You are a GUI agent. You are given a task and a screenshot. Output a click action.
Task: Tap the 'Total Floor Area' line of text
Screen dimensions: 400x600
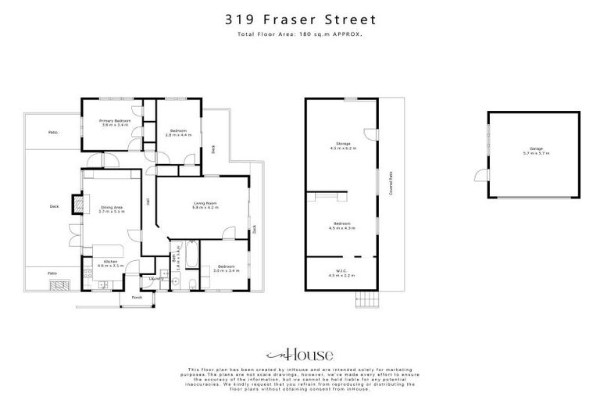[300, 35]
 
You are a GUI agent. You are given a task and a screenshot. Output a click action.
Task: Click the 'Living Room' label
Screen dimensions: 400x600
[205, 205]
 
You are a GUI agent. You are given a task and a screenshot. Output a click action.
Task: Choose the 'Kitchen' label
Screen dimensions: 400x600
[105, 265]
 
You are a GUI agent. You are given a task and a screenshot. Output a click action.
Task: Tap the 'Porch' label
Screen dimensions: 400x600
[137, 298]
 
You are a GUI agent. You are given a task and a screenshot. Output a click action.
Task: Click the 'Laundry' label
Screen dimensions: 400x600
[155, 277]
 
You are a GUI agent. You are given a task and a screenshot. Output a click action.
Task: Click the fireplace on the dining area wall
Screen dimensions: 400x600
[79, 204]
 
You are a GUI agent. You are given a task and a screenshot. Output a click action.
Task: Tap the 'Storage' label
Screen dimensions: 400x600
[343, 145]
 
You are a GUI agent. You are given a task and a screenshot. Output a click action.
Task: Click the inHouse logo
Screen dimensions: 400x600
[299, 352]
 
